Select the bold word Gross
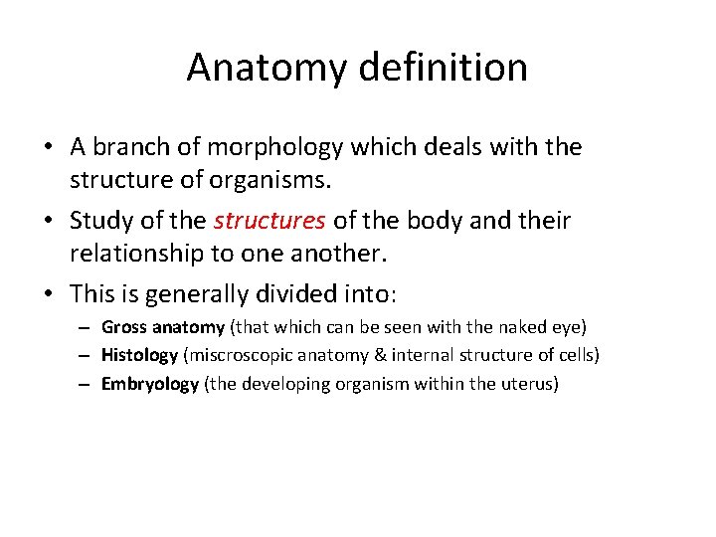[123, 327]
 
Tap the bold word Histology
[139, 356]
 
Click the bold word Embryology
[149, 385]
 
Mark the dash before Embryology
[85, 385]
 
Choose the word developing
[281, 385]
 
